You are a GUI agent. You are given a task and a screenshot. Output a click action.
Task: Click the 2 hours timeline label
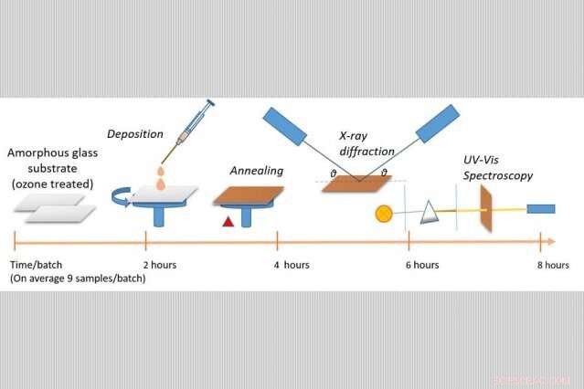pyautogui.click(x=161, y=265)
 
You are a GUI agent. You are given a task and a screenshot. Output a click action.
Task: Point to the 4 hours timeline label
pyautogui.click(x=292, y=265)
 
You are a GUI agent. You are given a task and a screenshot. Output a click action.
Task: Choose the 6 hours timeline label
pyautogui.click(x=422, y=265)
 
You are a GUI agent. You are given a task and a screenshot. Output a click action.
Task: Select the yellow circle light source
pyautogui.click(x=384, y=216)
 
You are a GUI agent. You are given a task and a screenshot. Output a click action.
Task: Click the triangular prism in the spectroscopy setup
pyautogui.click(x=430, y=214)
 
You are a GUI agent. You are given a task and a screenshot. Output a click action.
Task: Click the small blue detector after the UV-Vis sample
pyautogui.click(x=541, y=209)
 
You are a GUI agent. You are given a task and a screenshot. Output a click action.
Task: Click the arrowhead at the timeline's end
pyautogui.click(x=547, y=242)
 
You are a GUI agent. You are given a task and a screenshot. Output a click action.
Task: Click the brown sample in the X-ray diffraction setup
pyautogui.click(x=356, y=185)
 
